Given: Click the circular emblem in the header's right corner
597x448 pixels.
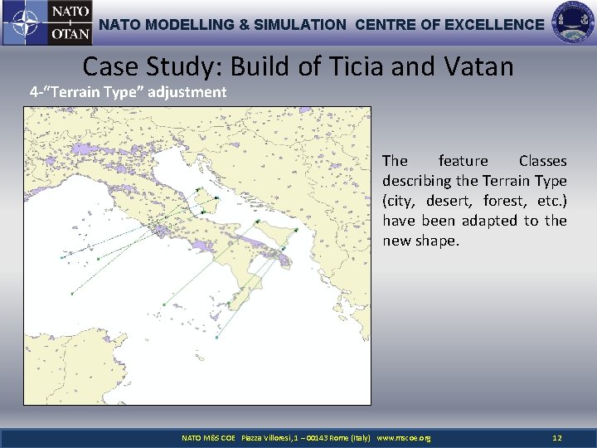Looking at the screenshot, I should pyautogui.click(x=573, y=23).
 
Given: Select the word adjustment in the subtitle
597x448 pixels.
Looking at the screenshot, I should pyautogui.click(x=187, y=92).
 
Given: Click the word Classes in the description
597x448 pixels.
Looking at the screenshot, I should pyautogui.click(x=542, y=161).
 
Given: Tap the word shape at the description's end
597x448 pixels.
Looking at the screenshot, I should pyautogui.click(x=435, y=241).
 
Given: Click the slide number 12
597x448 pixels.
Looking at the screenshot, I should pyautogui.click(x=557, y=437).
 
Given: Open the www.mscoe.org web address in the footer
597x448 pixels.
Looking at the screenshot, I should pyautogui.click(x=404, y=437).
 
